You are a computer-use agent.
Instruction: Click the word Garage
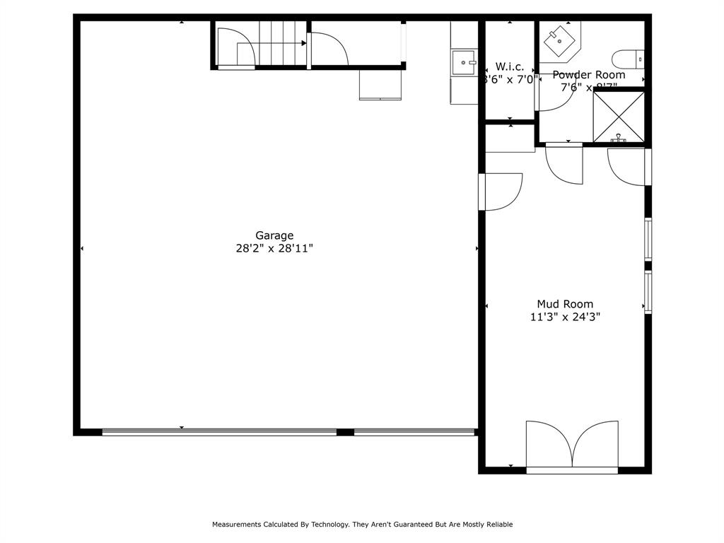click(274, 235)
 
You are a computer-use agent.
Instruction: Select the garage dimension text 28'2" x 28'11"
click(274, 249)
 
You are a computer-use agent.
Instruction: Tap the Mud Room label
click(565, 304)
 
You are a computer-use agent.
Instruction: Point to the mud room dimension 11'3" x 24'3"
click(565, 317)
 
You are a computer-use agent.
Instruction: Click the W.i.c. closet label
click(509, 66)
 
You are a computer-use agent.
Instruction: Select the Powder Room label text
click(588, 74)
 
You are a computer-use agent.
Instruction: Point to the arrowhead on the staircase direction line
click(304, 43)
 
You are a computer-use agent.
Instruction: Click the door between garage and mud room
click(501, 192)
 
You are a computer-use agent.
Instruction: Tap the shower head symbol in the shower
click(619, 139)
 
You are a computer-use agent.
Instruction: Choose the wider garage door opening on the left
click(219, 431)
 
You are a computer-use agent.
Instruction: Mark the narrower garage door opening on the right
click(414, 431)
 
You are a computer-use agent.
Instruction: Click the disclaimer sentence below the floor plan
click(362, 525)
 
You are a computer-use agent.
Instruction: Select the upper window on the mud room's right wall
click(648, 239)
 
